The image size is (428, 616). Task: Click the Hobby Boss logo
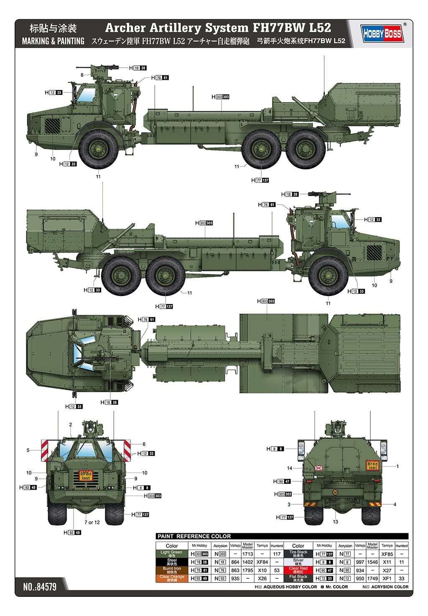click(x=382, y=33)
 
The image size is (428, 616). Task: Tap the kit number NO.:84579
click(x=40, y=586)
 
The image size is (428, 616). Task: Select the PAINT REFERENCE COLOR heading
click(x=194, y=536)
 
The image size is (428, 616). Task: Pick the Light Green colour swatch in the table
click(x=171, y=554)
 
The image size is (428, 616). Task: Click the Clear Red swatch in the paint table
click(x=298, y=570)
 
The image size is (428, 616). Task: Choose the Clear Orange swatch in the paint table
click(x=171, y=578)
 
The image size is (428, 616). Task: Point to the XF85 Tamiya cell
click(x=387, y=554)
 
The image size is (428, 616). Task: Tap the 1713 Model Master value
click(x=247, y=554)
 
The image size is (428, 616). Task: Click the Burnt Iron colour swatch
click(x=171, y=570)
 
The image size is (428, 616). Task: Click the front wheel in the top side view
click(x=99, y=148)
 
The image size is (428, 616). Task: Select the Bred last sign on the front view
click(x=86, y=476)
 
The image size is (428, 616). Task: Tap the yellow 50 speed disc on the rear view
click(x=335, y=492)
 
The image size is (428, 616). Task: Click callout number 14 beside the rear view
click(x=290, y=468)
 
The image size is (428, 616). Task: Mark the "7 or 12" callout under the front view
click(x=92, y=522)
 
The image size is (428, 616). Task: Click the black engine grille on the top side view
click(x=53, y=125)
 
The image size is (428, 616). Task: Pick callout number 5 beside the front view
click(x=28, y=450)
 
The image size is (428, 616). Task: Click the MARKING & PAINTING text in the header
click(x=53, y=41)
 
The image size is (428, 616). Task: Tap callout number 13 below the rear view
click(x=335, y=522)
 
